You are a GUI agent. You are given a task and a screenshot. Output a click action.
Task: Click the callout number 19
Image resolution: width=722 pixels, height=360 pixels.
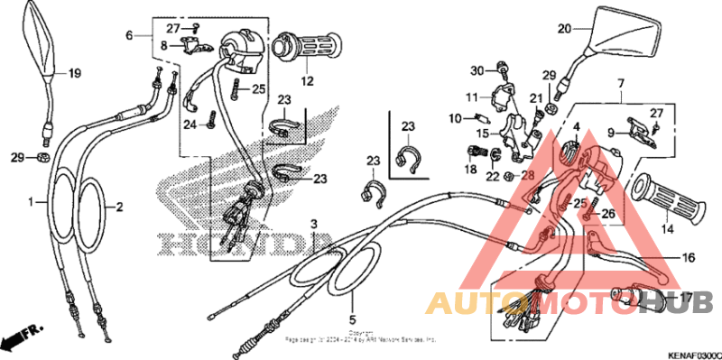coord(74,73)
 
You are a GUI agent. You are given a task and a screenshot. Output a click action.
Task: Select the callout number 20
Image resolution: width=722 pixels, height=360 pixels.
coord(564,28)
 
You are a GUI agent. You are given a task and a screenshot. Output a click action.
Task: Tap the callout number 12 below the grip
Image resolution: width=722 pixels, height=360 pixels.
coord(307,80)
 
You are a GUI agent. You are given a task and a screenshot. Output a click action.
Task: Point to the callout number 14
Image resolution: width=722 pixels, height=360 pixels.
coord(668,229)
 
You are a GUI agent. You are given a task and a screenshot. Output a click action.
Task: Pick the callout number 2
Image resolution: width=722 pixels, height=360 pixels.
coord(118,206)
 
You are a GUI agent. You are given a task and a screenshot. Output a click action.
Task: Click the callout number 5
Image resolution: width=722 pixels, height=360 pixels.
coord(353,318)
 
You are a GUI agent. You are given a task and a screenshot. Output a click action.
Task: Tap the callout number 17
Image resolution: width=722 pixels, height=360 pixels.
coord(687,297)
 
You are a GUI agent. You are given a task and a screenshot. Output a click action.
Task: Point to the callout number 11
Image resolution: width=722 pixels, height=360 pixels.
coord(472,97)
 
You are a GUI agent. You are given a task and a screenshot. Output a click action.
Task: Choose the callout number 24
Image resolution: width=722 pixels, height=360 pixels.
coord(190,125)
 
